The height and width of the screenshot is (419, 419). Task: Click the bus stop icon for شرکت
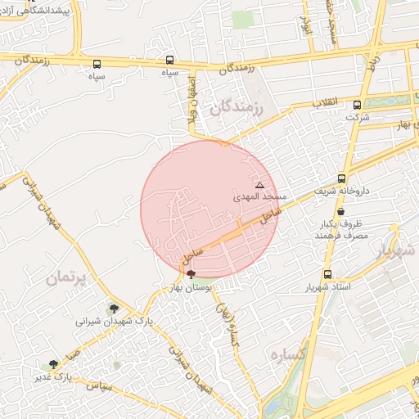pyautogui.click(x=357, y=105)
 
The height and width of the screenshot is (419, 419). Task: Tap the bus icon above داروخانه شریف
pyautogui.click(x=342, y=178)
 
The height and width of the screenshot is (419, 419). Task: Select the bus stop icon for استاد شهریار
pyautogui.click(x=328, y=275)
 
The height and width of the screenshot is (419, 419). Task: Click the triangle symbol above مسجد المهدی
pyautogui.click(x=260, y=185)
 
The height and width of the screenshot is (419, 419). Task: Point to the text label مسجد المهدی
pyautogui.click(x=260, y=197)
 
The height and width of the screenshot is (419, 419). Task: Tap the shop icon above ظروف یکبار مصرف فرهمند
pyautogui.click(x=340, y=211)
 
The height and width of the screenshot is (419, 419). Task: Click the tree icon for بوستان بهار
pyautogui.click(x=191, y=276)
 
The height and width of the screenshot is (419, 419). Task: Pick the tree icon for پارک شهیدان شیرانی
pyautogui.click(x=113, y=309)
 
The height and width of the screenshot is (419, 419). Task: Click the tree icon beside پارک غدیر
pyautogui.click(x=54, y=363)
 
